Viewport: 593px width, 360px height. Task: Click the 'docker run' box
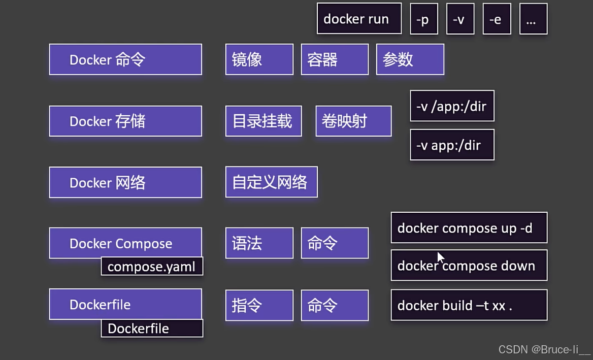click(x=359, y=19)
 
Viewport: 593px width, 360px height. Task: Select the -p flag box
click(x=424, y=19)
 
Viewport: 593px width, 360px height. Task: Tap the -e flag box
click(x=497, y=19)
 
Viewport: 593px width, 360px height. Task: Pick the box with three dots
click(x=533, y=19)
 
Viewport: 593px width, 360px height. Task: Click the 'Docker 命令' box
click(x=125, y=59)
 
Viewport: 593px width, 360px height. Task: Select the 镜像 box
click(x=259, y=59)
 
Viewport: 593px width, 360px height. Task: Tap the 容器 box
click(x=335, y=59)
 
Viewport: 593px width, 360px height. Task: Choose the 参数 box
click(x=410, y=59)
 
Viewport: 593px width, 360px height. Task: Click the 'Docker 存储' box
click(x=125, y=121)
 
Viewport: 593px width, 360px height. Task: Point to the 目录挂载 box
click(x=263, y=121)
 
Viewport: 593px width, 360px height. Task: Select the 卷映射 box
click(x=353, y=121)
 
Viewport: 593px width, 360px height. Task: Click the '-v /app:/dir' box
click(x=452, y=106)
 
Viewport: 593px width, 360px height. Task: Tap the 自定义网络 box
click(x=271, y=182)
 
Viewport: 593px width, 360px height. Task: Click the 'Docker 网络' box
click(x=125, y=182)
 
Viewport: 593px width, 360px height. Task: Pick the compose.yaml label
click(x=152, y=267)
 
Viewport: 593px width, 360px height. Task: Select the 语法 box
click(x=259, y=243)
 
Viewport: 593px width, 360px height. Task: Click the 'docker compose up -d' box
click(x=469, y=228)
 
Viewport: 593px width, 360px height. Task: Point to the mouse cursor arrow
click(x=440, y=257)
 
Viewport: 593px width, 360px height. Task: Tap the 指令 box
click(x=259, y=305)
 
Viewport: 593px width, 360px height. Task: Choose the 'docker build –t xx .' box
click(x=469, y=305)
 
